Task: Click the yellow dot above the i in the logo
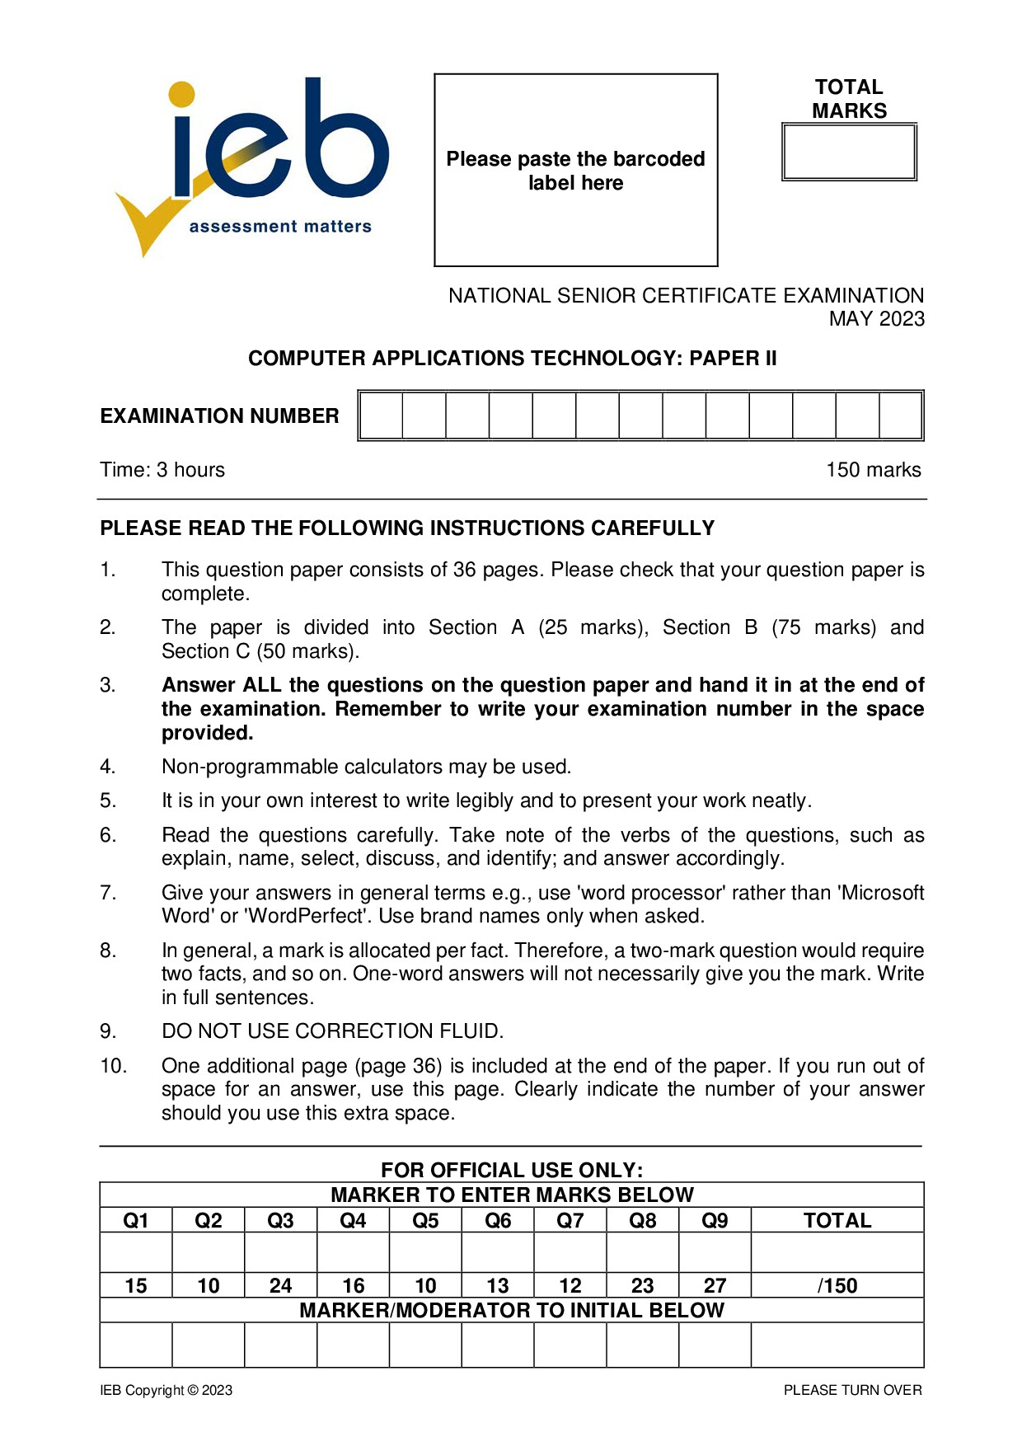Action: click(181, 94)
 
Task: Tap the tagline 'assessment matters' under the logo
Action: click(280, 227)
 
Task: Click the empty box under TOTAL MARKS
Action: click(849, 153)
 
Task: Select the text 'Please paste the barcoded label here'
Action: click(575, 171)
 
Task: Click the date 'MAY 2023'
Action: click(876, 319)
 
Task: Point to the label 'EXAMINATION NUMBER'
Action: click(219, 416)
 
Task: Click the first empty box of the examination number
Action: click(382, 416)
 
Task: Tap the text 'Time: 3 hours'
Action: click(162, 470)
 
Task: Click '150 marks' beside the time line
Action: click(873, 470)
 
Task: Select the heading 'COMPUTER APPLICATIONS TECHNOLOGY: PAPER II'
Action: click(512, 359)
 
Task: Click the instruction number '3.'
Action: click(108, 685)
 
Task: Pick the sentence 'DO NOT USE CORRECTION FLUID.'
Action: click(332, 1031)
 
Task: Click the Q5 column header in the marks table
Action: click(425, 1221)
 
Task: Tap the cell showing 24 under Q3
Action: click(280, 1286)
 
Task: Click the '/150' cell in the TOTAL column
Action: click(837, 1286)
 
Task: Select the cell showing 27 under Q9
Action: click(715, 1286)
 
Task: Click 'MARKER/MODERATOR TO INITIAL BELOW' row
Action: click(511, 1311)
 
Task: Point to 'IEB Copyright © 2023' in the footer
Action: click(166, 1391)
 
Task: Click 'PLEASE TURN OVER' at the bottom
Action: click(852, 1391)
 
